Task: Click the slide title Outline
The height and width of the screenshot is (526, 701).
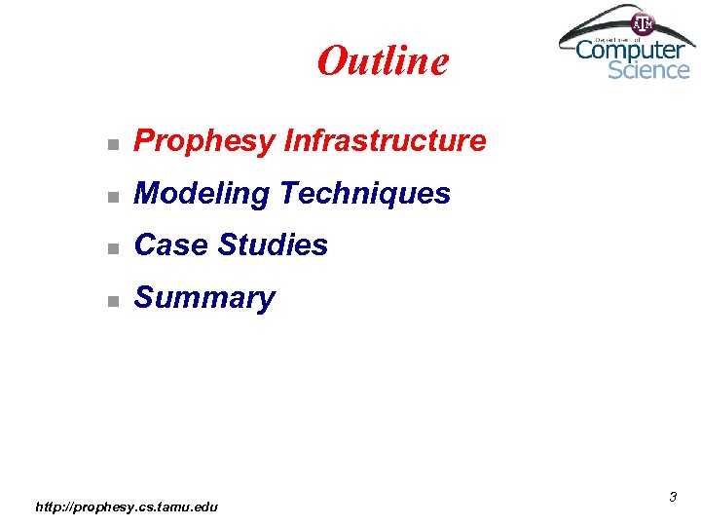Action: (x=383, y=61)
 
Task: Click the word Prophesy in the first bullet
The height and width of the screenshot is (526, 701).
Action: (x=204, y=142)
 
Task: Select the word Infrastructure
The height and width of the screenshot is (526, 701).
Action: (x=385, y=141)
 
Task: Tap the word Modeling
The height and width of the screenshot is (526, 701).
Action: (x=202, y=195)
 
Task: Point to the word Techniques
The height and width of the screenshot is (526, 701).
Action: (x=365, y=194)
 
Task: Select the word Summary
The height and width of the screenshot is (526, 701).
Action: (x=204, y=298)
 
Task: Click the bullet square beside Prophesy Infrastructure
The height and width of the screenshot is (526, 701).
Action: (x=113, y=144)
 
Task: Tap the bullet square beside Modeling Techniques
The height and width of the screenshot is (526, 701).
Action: (x=113, y=197)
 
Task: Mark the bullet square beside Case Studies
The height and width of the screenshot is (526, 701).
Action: (x=113, y=247)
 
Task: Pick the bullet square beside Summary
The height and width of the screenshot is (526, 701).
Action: (x=113, y=300)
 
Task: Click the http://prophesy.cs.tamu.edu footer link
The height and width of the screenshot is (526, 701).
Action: (x=127, y=507)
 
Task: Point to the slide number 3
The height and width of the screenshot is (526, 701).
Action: (x=672, y=498)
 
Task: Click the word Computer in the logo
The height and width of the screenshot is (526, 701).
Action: (x=631, y=49)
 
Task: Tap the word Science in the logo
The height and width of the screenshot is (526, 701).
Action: (x=648, y=69)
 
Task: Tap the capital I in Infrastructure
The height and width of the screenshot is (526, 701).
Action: (x=288, y=141)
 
